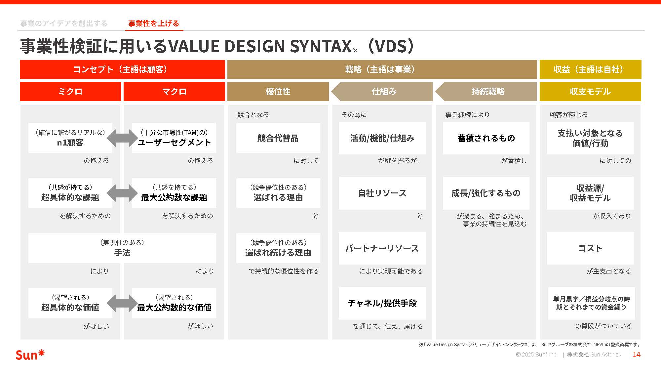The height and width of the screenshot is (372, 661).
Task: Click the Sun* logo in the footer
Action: tap(30, 355)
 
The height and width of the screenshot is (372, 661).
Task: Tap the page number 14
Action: tap(636, 354)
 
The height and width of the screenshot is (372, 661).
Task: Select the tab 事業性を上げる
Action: tap(154, 23)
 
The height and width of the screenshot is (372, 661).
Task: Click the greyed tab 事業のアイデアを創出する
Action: tap(64, 23)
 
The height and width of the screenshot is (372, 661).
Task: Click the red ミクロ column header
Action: tap(70, 92)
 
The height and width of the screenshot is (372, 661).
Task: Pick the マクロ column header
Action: tap(174, 92)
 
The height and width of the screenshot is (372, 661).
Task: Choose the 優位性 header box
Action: tap(278, 92)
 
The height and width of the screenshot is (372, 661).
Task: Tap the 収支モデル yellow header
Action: tap(590, 92)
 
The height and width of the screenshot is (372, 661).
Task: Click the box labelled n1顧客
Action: tap(70, 138)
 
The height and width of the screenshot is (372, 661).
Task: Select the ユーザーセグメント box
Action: tap(174, 138)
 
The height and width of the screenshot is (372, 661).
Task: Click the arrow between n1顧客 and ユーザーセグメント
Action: tap(122, 138)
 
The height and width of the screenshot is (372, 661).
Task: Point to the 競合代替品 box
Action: tap(278, 138)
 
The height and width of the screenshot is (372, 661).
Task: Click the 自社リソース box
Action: tap(382, 193)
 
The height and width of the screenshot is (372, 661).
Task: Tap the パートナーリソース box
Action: tap(382, 248)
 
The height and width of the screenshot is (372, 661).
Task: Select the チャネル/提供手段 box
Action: tap(382, 303)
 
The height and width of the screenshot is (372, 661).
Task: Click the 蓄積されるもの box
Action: tap(486, 138)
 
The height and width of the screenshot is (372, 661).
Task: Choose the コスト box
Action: tap(590, 248)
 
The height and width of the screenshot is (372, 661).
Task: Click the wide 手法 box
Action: tap(122, 248)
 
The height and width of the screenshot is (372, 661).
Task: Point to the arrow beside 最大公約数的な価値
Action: tap(122, 303)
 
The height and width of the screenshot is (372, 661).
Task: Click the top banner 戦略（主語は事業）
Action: tap(382, 69)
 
